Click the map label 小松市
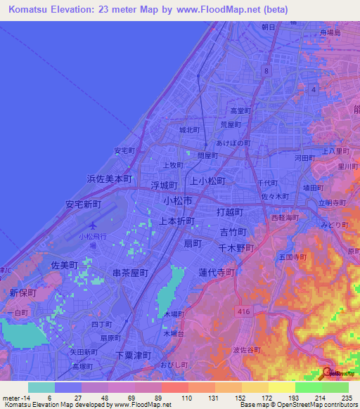coord(178,200)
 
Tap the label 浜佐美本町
coord(109,179)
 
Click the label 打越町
coord(229,212)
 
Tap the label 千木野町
coord(235,247)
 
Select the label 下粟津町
coord(134,355)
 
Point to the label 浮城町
coord(163,186)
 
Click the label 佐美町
coord(64,265)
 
